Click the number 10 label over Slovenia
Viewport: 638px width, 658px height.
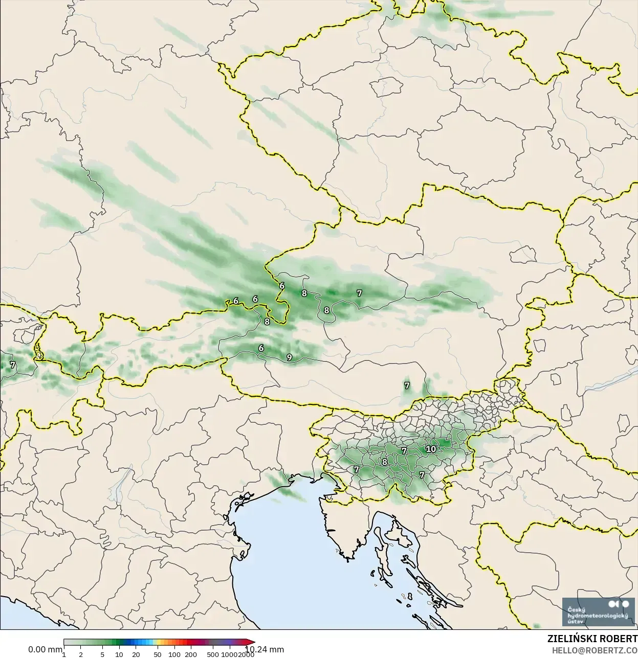point(431,449)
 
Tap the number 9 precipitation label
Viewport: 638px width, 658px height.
point(290,357)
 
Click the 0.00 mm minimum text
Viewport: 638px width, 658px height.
point(45,649)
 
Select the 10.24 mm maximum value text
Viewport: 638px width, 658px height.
point(265,650)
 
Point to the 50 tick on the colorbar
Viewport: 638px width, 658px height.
point(157,654)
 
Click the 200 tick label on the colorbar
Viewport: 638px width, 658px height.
point(191,654)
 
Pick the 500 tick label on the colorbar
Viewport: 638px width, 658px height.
point(212,654)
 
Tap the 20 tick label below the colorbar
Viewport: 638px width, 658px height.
point(136,654)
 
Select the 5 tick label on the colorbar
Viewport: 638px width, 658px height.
point(102,654)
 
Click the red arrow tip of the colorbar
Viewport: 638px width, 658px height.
point(252,642)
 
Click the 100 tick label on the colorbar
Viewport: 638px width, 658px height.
point(174,654)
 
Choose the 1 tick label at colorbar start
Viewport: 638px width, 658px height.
point(64,654)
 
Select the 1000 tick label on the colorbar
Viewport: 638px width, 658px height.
point(229,654)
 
